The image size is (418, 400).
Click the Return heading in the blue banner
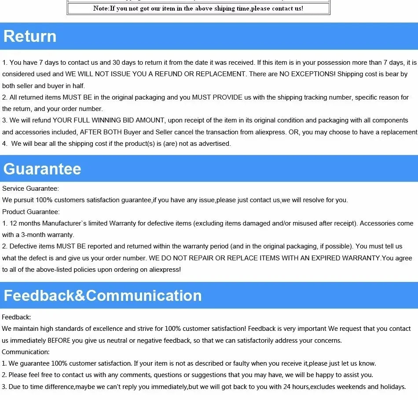coord(30,36)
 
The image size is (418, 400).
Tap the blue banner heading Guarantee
coord(42,169)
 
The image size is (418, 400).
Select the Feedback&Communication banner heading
coord(103,295)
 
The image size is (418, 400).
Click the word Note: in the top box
coord(101,8)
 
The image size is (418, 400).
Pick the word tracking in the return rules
coord(315,97)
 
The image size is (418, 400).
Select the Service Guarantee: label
coord(30,189)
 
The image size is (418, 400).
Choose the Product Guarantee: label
coord(31,212)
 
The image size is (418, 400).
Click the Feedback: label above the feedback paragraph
coord(16,317)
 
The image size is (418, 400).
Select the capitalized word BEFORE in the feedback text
coord(59,341)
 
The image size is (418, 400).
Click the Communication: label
coord(26,352)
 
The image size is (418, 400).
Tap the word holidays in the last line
coord(392,387)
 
